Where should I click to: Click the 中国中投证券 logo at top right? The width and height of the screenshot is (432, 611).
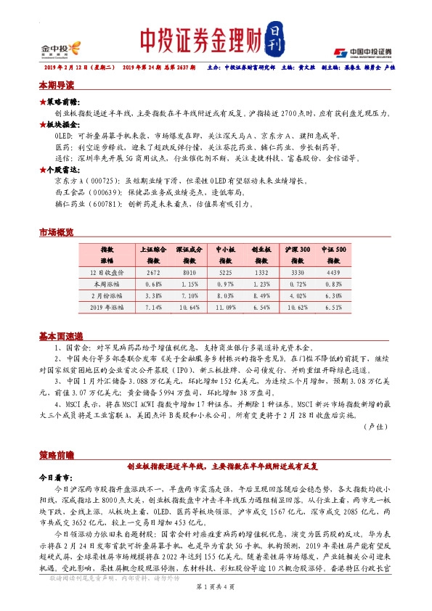[x=362, y=52]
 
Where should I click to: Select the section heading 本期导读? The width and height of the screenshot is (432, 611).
[x=57, y=86]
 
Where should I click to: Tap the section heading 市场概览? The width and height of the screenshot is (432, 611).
[x=57, y=232]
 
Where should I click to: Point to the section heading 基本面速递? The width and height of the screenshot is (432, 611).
[x=61, y=337]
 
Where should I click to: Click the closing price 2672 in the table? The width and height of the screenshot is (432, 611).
[x=153, y=272]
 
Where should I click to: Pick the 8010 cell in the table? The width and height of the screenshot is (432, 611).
[x=190, y=272]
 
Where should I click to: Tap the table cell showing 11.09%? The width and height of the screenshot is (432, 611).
[x=225, y=308]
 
